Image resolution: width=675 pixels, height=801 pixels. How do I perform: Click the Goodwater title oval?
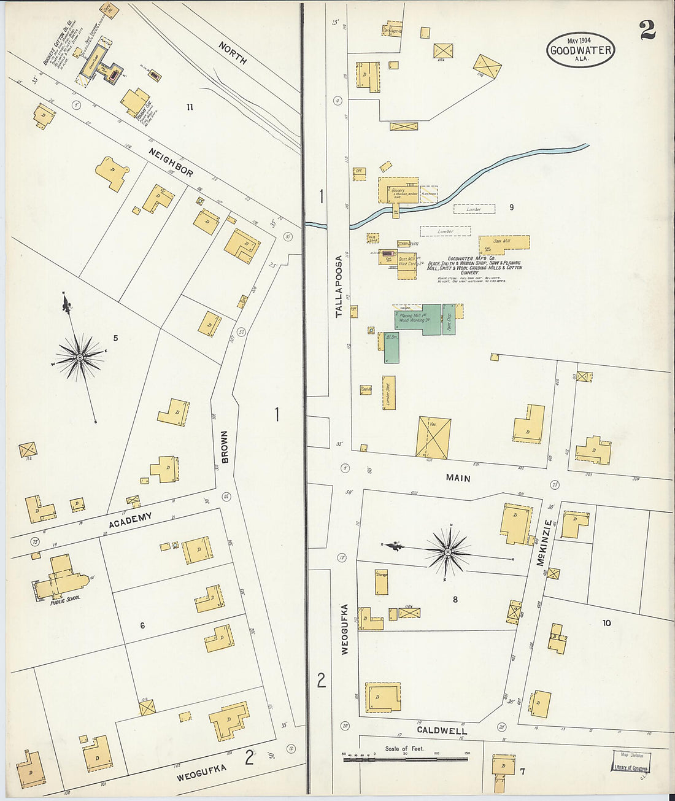click(580, 50)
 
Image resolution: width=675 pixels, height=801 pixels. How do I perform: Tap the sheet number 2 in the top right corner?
click(647, 30)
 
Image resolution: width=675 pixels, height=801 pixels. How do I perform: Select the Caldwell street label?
click(441, 730)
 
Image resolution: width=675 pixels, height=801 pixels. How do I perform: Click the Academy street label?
click(130, 520)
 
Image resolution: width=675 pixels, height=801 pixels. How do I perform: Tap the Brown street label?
click(225, 446)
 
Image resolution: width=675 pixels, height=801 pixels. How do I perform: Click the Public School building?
click(59, 579)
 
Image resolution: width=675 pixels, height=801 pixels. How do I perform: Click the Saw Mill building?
click(504, 242)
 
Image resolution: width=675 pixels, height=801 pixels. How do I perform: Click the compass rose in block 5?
click(80, 356)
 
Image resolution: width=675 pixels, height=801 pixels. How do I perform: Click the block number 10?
click(606, 623)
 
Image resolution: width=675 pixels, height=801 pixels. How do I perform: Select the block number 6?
click(142, 625)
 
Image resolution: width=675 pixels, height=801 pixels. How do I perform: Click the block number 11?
click(190, 107)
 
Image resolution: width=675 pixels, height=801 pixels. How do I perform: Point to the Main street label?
click(458, 478)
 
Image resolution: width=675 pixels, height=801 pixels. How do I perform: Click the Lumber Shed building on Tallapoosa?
click(389, 392)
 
